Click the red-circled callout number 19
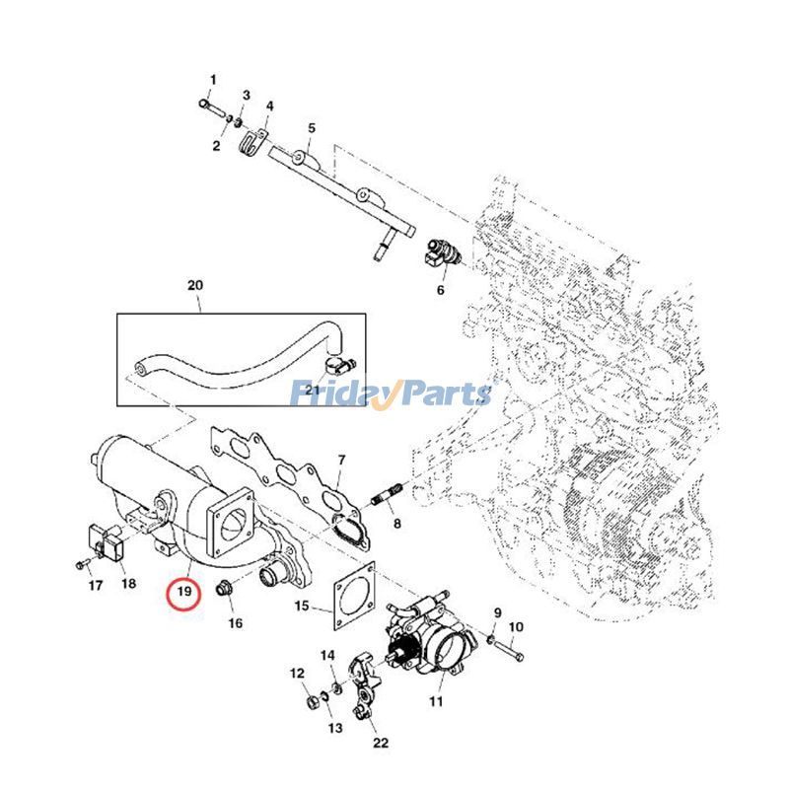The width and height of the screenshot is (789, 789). tap(182, 593)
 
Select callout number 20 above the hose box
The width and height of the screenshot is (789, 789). tap(194, 286)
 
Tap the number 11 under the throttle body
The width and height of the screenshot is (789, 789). tap(436, 701)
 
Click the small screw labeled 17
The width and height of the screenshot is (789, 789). tap(79, 564)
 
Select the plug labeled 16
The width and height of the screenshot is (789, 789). tap(226, 590)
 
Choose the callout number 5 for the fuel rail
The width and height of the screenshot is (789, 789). tap(311, 128)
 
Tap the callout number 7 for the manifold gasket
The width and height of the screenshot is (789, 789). tap(341, 460)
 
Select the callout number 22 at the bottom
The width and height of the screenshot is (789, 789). tap(382, 743)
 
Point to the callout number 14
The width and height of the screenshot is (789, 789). tap(328, 655)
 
